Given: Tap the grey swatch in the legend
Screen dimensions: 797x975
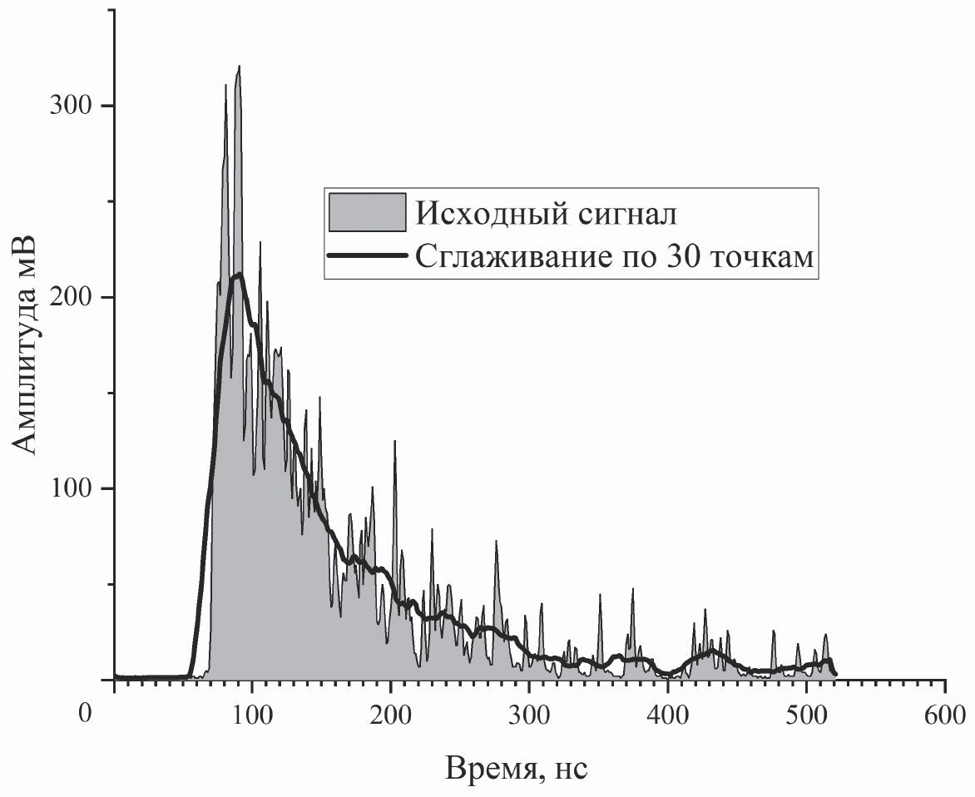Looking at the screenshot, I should click(367, 213).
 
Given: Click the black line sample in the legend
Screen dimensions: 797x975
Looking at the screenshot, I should click(367, 256).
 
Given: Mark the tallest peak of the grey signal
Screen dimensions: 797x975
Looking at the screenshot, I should click(239, 67).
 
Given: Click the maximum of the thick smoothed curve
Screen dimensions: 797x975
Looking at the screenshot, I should click(240, 273).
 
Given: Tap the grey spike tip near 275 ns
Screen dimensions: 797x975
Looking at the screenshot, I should click(496, 542).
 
